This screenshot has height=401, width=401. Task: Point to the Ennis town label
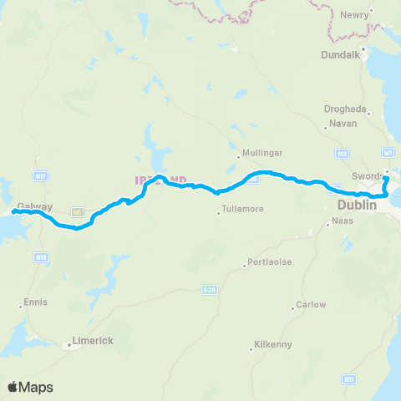36,302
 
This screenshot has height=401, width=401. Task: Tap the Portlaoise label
270,262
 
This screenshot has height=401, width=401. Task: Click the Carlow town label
311,305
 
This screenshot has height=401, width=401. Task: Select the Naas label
343,221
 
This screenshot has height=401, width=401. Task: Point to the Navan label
343,124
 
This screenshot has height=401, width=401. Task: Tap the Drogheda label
344,109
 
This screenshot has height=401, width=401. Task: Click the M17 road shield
40,175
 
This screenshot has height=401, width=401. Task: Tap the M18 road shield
41,259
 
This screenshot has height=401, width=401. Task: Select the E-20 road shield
209,290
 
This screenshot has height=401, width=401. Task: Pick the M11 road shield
348,379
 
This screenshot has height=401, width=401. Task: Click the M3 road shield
342,154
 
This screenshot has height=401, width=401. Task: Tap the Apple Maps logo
31,387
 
